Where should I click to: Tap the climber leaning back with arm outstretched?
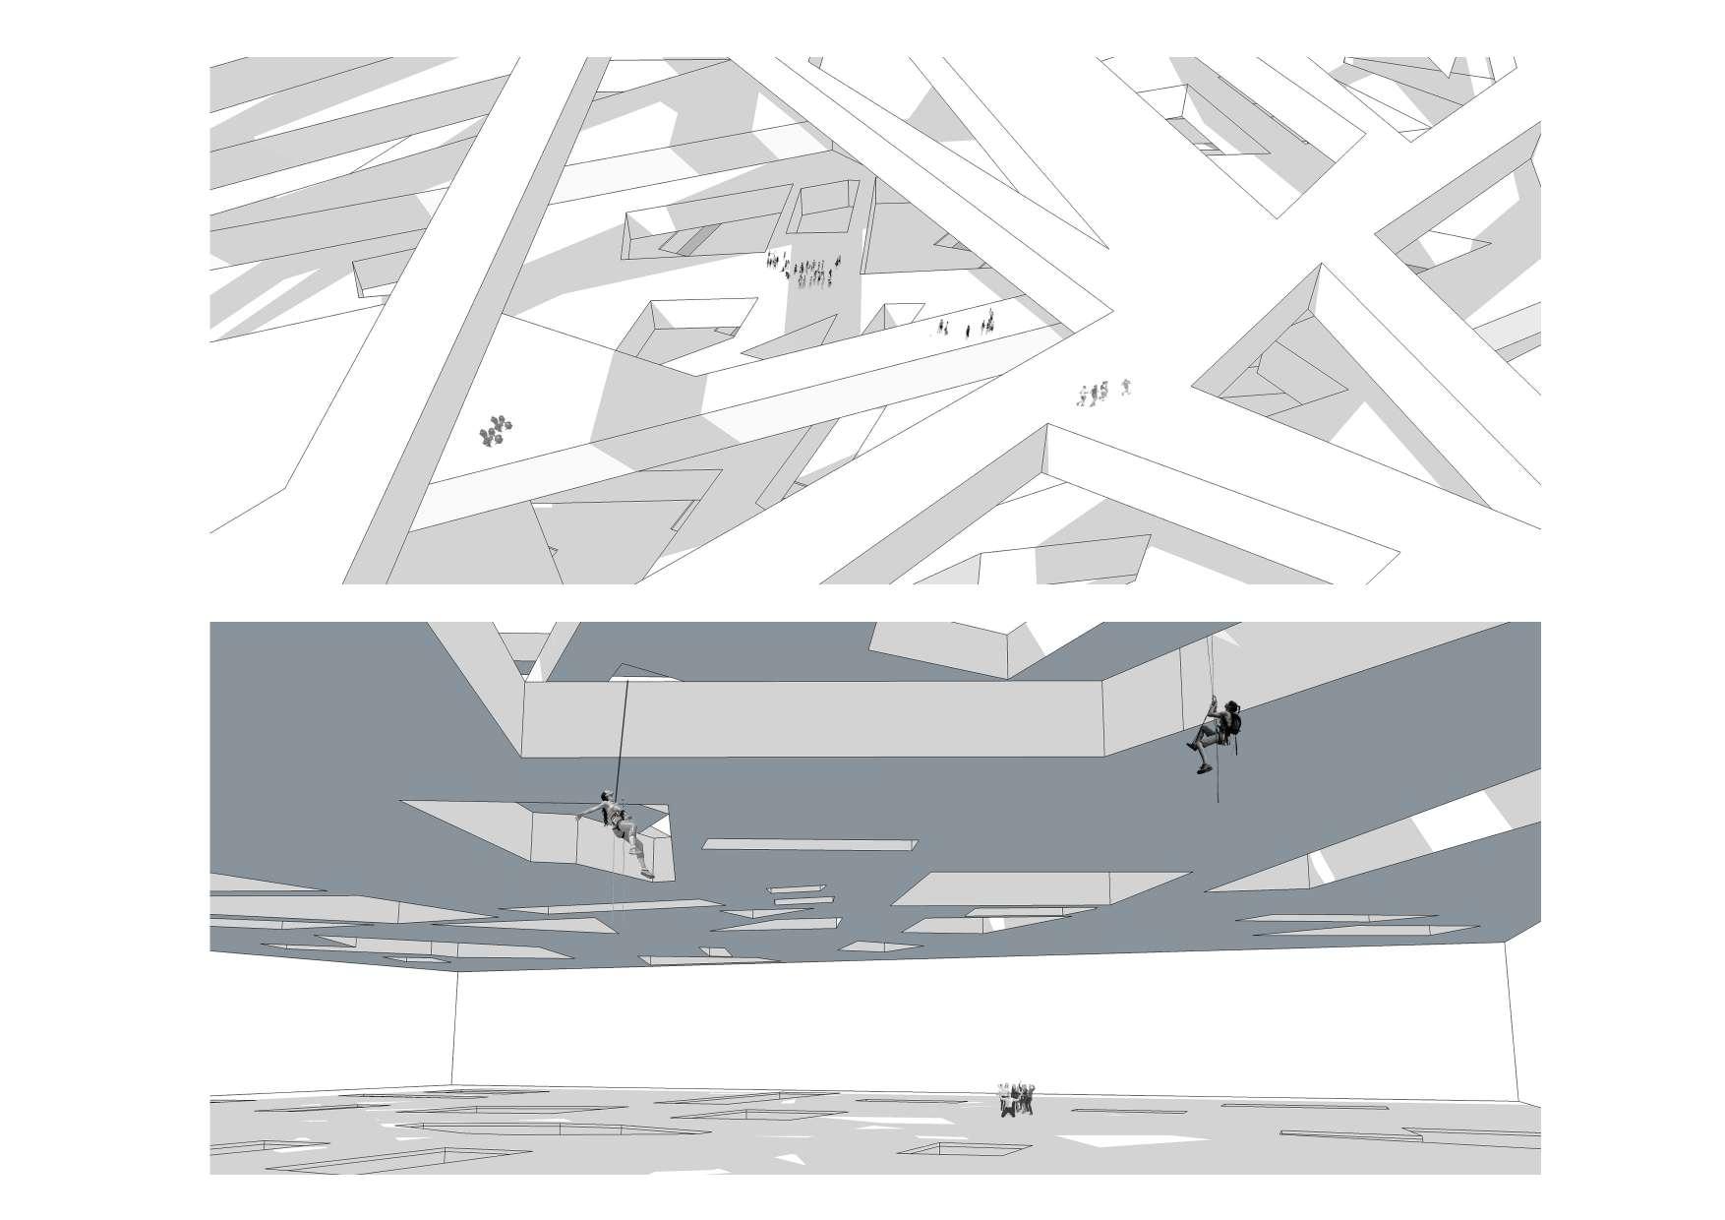coord(618,822)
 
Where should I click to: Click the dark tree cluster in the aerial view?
coord(497,430)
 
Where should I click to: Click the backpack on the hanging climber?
coord(1232,723)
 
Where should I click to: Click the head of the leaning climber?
coord(607,795)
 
